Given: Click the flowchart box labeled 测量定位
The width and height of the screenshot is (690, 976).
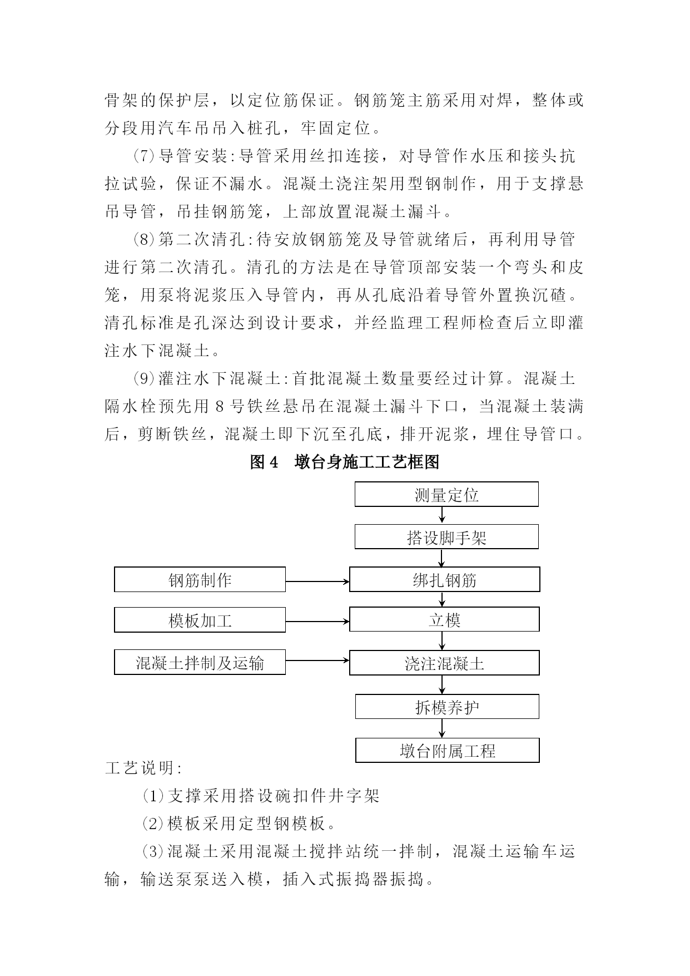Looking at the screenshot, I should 446,495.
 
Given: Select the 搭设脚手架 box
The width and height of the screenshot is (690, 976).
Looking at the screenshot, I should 446,538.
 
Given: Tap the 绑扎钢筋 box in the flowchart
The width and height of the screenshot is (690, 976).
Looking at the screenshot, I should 444,580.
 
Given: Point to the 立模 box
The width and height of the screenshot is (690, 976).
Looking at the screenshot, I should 444,620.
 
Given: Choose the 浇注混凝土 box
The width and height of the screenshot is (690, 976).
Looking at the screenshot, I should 444,663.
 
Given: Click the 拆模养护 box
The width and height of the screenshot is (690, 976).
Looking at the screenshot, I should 447,707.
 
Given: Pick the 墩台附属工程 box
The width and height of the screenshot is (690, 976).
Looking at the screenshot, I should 447,751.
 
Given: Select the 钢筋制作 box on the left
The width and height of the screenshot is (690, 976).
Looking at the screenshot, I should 200,580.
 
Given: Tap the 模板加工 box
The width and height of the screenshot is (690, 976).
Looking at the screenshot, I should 200,620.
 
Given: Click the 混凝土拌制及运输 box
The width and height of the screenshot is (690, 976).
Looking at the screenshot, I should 200,663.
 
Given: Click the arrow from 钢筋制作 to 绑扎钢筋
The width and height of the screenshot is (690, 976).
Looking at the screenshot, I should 317,582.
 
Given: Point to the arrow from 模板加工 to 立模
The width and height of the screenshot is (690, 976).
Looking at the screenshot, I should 317,622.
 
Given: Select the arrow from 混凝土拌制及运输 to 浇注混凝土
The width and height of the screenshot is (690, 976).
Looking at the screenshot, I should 317,660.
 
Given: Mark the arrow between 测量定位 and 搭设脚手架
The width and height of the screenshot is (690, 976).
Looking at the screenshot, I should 442,515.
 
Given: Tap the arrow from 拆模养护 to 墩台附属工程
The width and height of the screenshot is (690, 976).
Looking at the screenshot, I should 442,728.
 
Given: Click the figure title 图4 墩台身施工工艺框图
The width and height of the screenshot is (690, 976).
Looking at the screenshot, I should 345,462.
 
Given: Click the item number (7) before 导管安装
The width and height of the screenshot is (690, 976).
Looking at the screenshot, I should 143,156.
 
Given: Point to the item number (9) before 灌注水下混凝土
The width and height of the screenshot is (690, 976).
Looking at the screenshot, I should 143,379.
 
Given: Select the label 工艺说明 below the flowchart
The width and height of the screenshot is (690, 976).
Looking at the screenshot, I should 143,768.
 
